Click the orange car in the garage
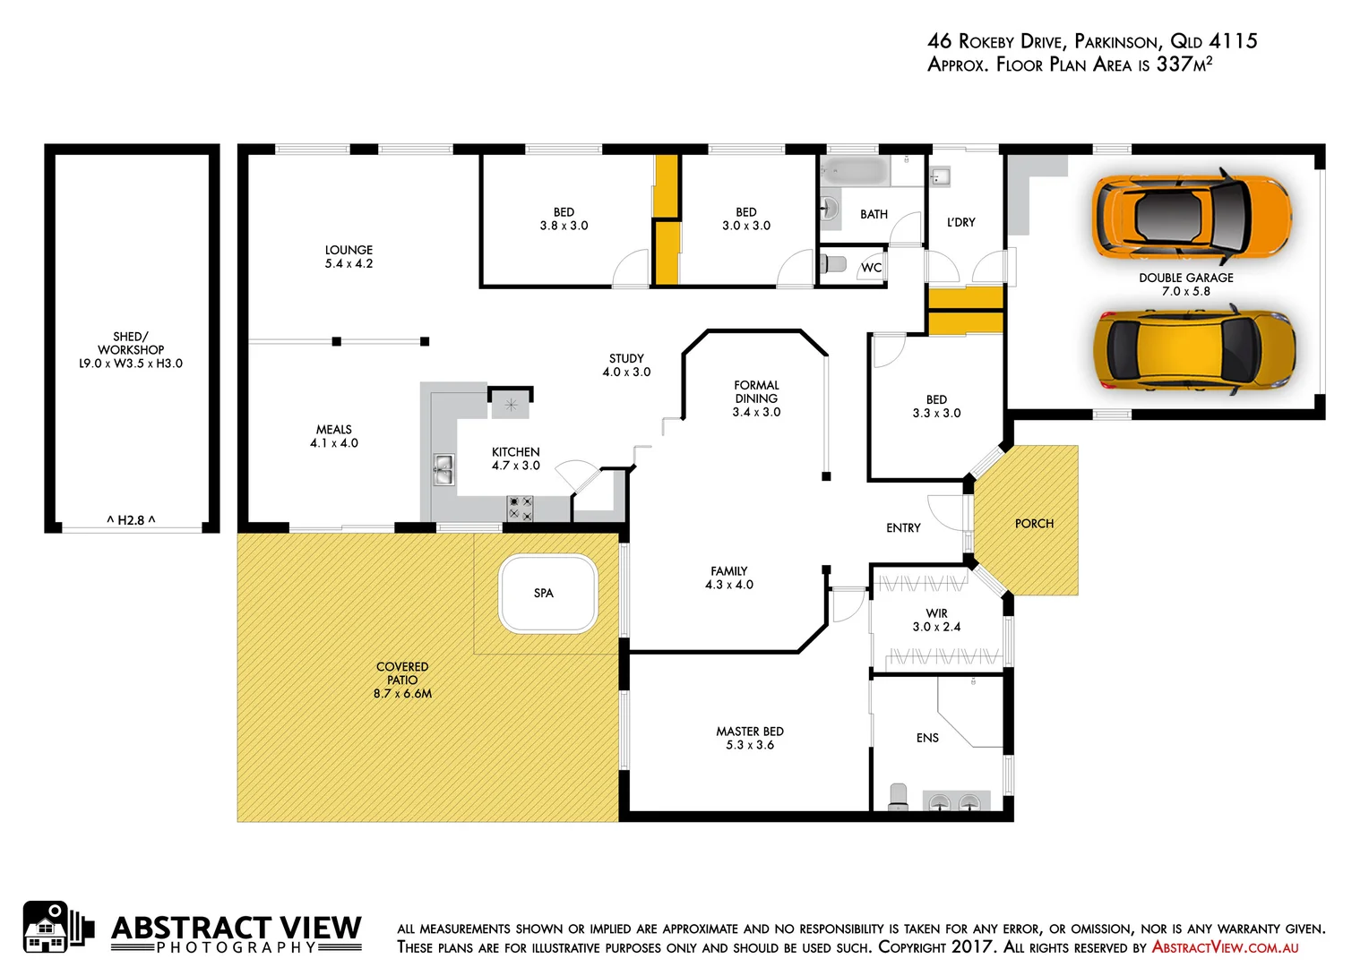1192,216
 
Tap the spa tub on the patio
548,594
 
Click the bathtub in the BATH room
855,170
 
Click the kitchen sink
443,469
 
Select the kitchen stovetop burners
521,509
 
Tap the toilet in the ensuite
898,797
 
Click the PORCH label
1034,524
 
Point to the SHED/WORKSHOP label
131,343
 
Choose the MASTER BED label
750,732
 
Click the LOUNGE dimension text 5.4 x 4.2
349,264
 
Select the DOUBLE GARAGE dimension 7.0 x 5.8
1185,291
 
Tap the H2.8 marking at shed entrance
131,520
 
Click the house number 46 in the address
939,41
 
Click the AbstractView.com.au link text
1225,947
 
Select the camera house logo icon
56,928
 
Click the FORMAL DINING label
756,391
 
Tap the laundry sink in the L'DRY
939,176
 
